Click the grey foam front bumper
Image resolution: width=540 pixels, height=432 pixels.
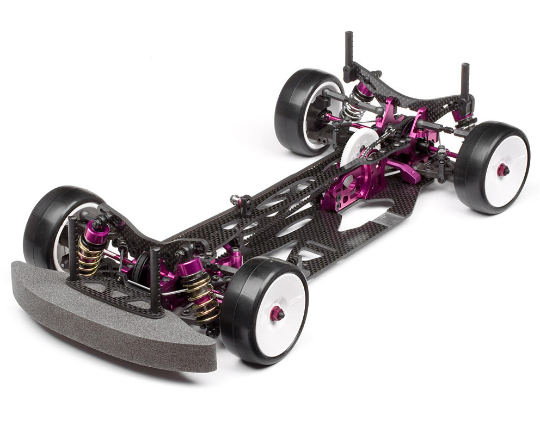pyautogui.click(x=109, y=321)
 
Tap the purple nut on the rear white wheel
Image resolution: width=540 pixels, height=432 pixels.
pyautogui.click(x=502, y=170)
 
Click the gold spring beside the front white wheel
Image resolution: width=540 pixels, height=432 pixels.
pyautogui.click(x=201, y=297)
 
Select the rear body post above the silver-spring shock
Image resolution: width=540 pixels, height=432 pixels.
pyautogui.click(x=348, y=49)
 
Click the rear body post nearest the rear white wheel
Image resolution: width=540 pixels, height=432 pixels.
pyautogui.click(x=465, y=82)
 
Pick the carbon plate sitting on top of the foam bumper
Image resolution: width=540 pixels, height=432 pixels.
pyautogui.click(x=114, y=294)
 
